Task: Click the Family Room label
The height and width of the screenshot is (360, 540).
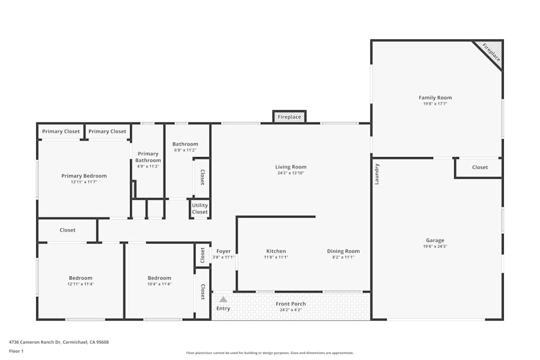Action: click(x=435, y=98)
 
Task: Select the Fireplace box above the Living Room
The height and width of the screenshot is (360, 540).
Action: click(x=289, y=117)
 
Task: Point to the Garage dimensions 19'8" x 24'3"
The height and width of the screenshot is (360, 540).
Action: click(x=435, y=246)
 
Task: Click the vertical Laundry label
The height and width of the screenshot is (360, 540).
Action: click(x=377, y=174)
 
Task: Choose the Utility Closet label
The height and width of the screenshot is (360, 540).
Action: click(x=200, y=209)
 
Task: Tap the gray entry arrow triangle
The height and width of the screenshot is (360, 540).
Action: click(x=223, y=299)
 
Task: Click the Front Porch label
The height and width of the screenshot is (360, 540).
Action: click(x=291, y=304)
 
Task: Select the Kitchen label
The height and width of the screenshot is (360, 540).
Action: click(x=276, y=251)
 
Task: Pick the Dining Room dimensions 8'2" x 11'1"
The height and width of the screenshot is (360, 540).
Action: click(x=343, y=257)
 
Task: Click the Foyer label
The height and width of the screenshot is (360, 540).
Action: click(x=224, y=251)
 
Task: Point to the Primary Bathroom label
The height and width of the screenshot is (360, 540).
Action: click(x=148, y=157)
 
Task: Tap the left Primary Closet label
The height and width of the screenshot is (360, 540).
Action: click(x=61, y=131)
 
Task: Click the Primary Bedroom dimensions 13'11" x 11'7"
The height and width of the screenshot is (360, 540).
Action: click(x=84, y=182)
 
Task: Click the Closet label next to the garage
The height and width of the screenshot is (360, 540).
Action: click(x=480, y=167)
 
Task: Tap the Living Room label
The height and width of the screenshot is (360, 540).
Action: click(x=291, y=167)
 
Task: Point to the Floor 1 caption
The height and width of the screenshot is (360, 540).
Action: click(x=16, y=351)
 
